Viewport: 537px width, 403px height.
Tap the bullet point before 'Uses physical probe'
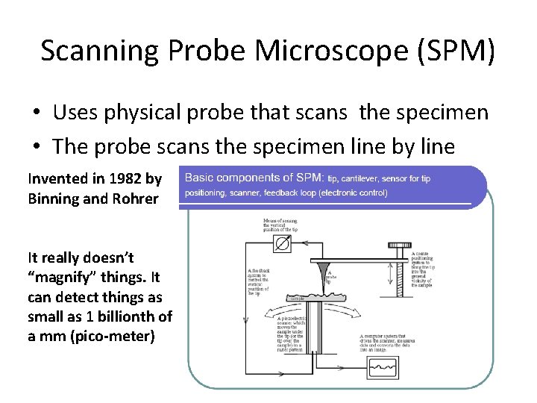pyautogui.click(x=36, y=113)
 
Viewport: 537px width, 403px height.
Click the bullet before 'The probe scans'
pyautogui.click(x=36, y=146)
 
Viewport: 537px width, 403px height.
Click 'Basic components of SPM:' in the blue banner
pyautogui.click(x=254, y=178)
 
